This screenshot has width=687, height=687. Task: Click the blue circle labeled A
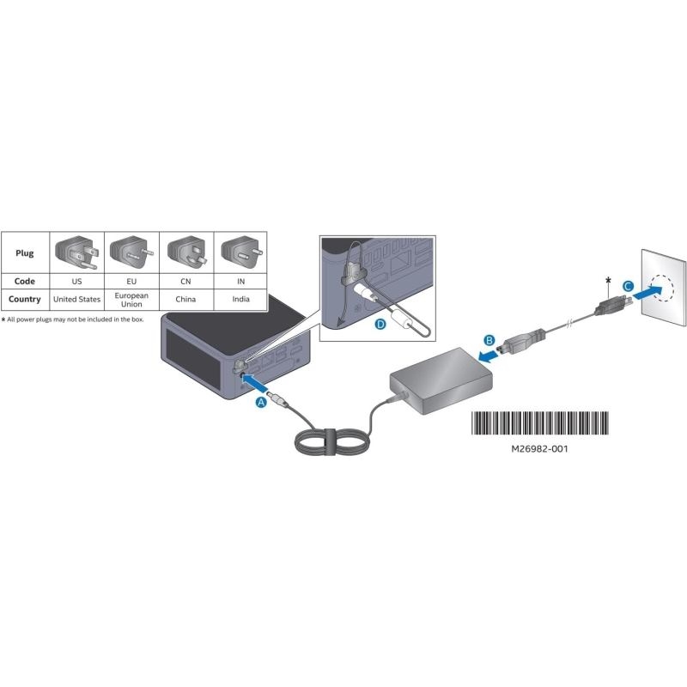pyautogui.click(x=261, y=402)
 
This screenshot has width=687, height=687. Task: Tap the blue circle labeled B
pyautogui.click(x=489, y=340)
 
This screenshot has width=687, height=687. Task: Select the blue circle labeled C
pyautogui.click(x=628, y=287)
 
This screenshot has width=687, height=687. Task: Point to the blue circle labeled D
pyautogui.click(x=380, y=325)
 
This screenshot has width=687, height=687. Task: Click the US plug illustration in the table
pyautogui.click(x=76, y=252)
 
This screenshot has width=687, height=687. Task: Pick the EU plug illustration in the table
pyautogui.click(x=131, y=252)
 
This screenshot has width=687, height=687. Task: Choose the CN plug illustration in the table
pyautogui.click(x=186, y=252)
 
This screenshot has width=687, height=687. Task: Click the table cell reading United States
pyautogui.click(x=76, y=299)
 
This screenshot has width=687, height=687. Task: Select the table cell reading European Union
pyautogui.click(x=131, y=300)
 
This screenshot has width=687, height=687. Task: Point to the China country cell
pyautogui.click(x=185, y=299)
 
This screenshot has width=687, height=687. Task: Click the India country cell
pyautogui.click(x=240, y=299)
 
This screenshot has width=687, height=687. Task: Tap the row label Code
pyautogui.click(x=25, y=282)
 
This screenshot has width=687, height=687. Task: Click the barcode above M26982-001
pyautogui.click(x=540, y=423)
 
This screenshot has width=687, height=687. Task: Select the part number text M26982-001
pyautogui.click(x=540, y=449)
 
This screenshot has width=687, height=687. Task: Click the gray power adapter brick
pyautogui.click(x=441, y=381)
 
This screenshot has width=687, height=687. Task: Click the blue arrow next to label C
pyautogui.click(x=648, y=293)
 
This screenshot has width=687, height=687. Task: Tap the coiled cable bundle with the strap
pyautogui.click(x=331, y=441)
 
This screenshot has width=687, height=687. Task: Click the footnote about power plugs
pyautogui.click(x=72, y=319)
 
